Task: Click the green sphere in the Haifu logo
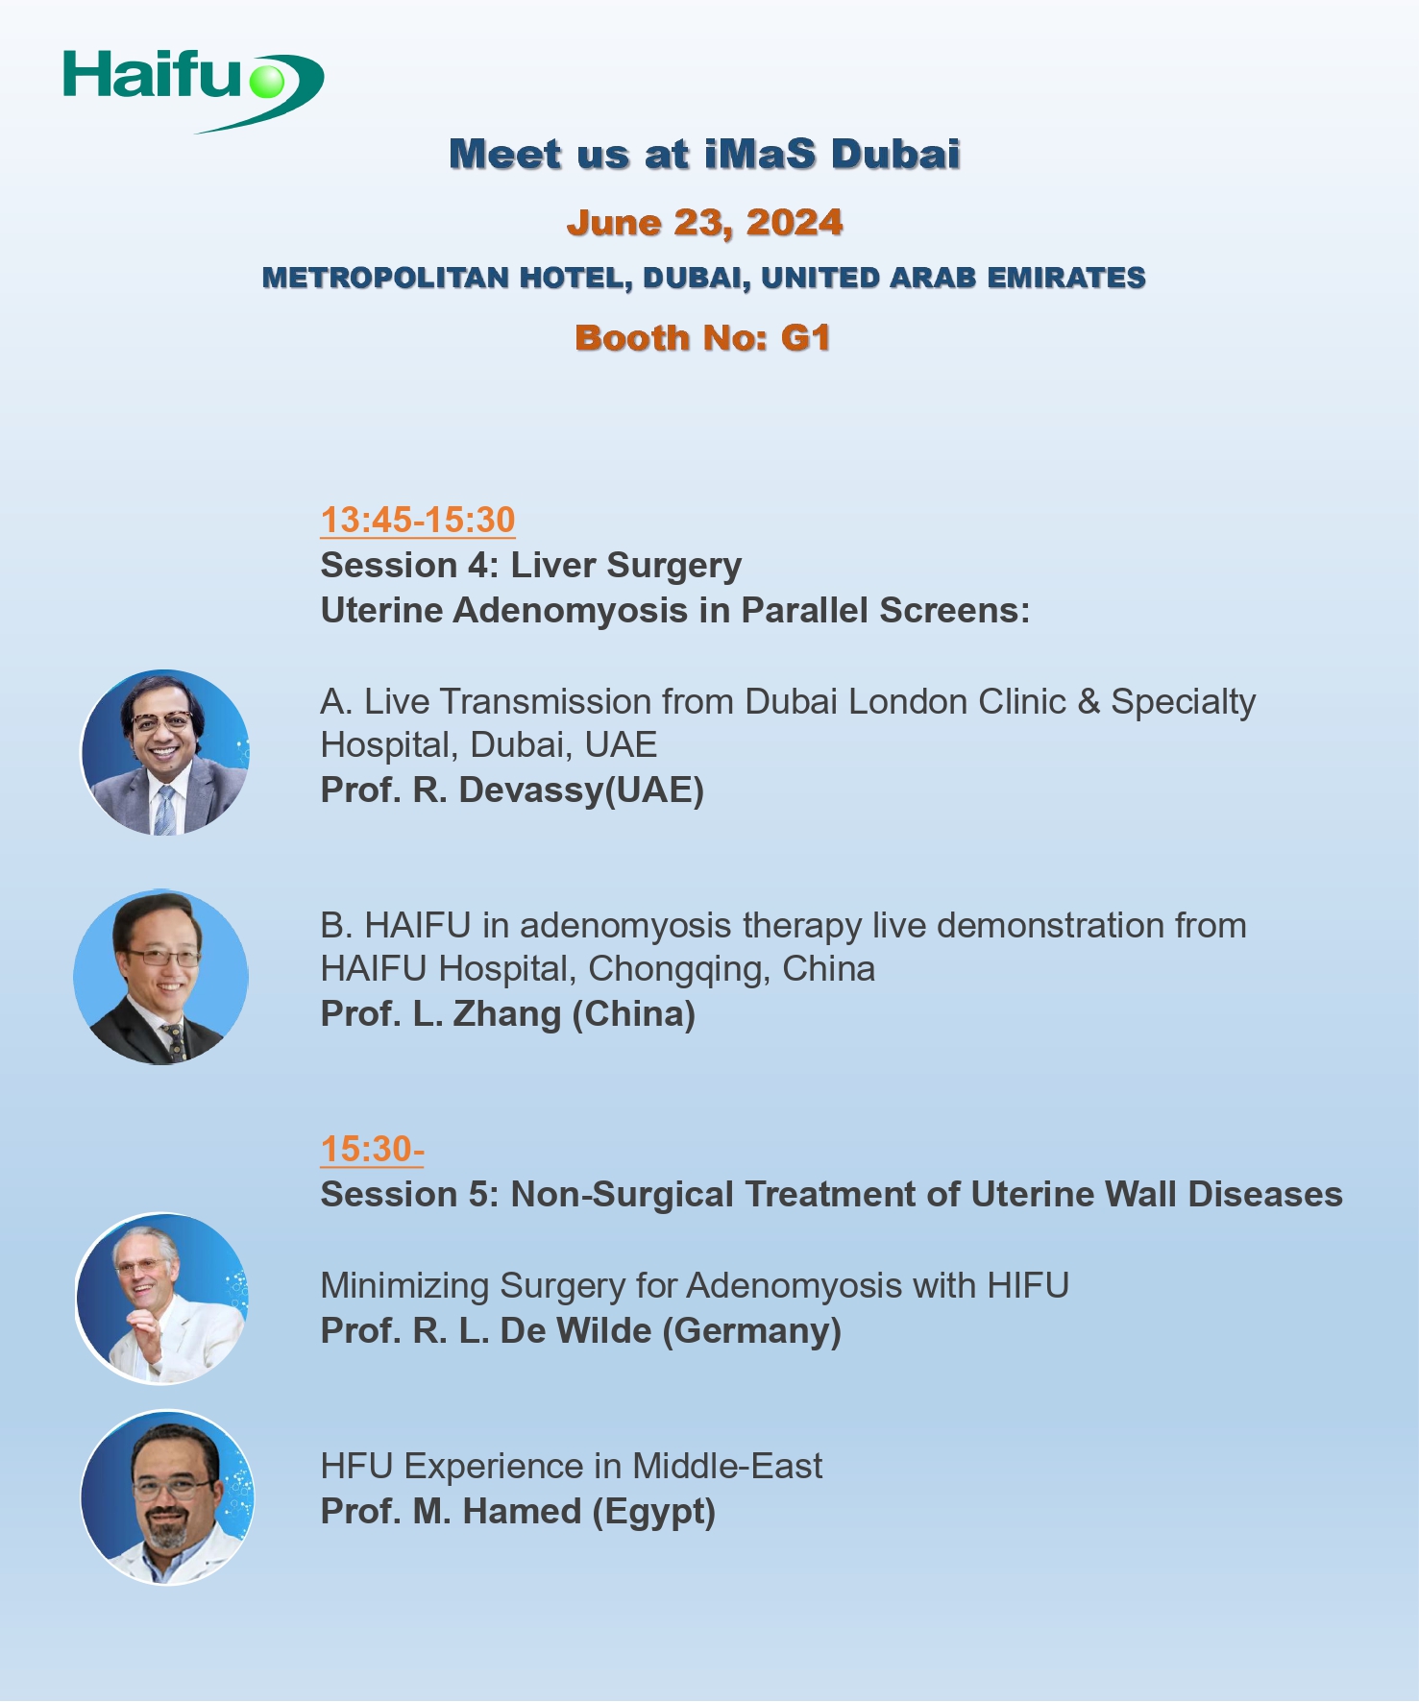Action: pyautogui.click(x=267, y=81)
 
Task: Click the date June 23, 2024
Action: pyautogui.click(x=705, y=223)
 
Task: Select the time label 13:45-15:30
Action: pyautogui.click(x=418, y=520)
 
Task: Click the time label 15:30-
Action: pyautogui.click(x=372, y=1149)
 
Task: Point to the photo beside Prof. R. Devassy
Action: pyautogui.click(x=165, y=752)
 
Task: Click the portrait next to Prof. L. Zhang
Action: pyautogui.click(x=160, y=976)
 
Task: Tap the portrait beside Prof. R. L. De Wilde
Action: pyautogui.click(x=161, y=1298)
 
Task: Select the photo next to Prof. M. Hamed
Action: pyautogui.click(x=167, y=1496)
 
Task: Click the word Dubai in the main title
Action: pyautogui.click(x=895, y=154)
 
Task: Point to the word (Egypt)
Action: pyautogui.click(x=654, y=1512)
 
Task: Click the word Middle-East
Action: pyautogui.click(x=727, y=1466)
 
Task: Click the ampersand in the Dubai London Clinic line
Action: pyautogui.click(x=1089, y=702)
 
